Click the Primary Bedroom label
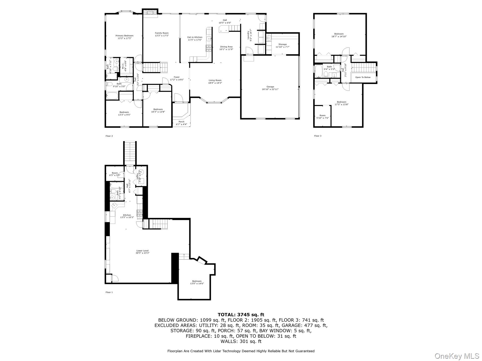click(x=124, y=37)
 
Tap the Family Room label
click(x=162, y=34)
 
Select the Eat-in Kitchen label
click(x=195, y=38)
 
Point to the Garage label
click(x=270, y=88)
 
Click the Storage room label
click(x=282, y=45)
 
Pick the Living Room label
click(x=215, y=81)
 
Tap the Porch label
click(x=181, y=123)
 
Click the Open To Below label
click(x=363, y=77)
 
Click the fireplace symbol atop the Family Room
click(x=150, y=12)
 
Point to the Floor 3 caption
click(x=318, y=136)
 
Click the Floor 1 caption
click(x=109, y=292)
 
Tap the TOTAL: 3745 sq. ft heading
click(x=241, y=315)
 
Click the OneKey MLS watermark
click(x=457, y=356)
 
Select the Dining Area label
click(x=226, y=48)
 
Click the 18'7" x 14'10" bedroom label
click(x=339, y=35)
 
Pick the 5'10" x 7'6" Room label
click(x=322, y=117)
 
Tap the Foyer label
click(x=176, y=78)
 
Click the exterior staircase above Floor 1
click(x=130, y=153)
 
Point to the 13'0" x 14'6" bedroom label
click(x=197, y=282)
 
